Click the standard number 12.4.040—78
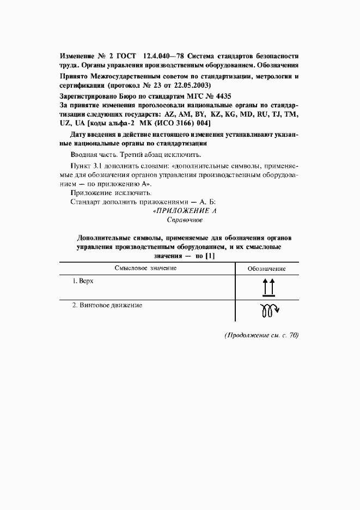pos(164,56)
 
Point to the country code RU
pos(262,115)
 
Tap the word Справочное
pos(184,220)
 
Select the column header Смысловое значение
pos(145,268)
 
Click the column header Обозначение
pos(266,269)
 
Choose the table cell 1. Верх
pos(84,282)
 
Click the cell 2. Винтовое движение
pos(107,306)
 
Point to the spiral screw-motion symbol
pos(267,311)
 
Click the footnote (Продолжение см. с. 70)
pos(261,336)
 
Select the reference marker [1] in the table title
pos(209,256)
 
